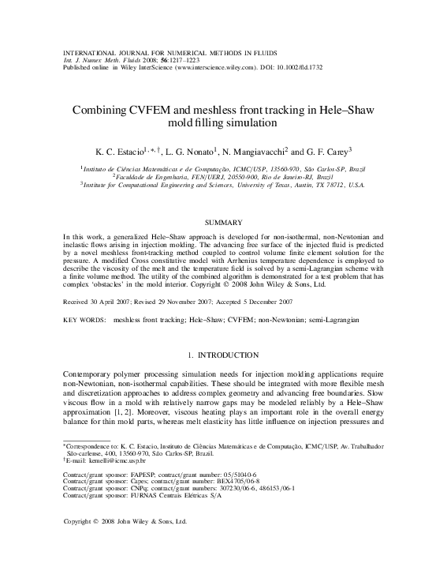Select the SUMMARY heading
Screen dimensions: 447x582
coord(223,223)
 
